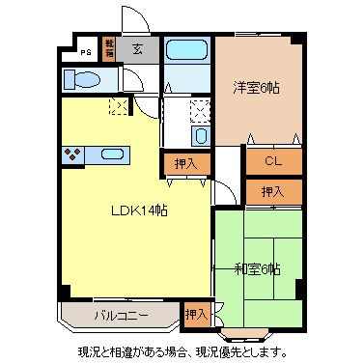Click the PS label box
86,52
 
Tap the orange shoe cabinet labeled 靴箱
109,49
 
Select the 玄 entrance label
138,49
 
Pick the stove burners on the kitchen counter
72,153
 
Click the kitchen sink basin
112,153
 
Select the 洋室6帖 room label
256,87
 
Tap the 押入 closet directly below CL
272,192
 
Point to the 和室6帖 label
257,267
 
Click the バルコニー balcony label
120,315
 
